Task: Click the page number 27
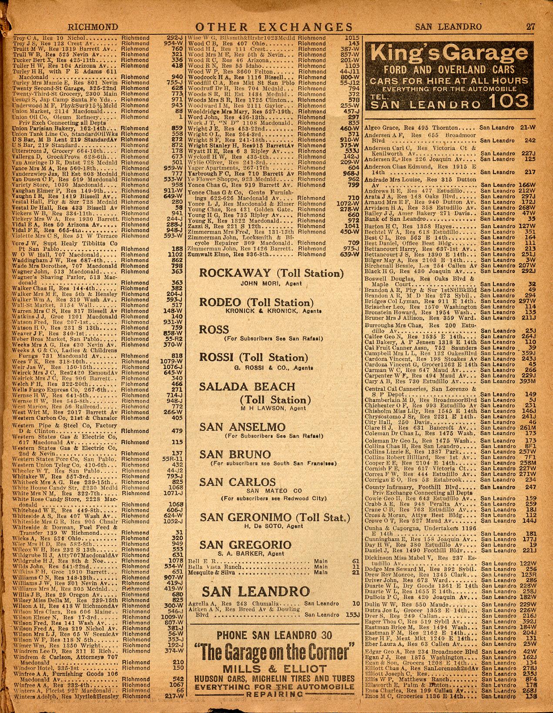point(530,27)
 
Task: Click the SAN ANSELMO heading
point(243,427)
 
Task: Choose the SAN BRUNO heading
point(235,455)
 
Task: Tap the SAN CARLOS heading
point(238,482)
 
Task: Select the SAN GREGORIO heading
point(245,544)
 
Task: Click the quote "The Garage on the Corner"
point(273,652)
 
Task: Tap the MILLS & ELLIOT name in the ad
point(273,669)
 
